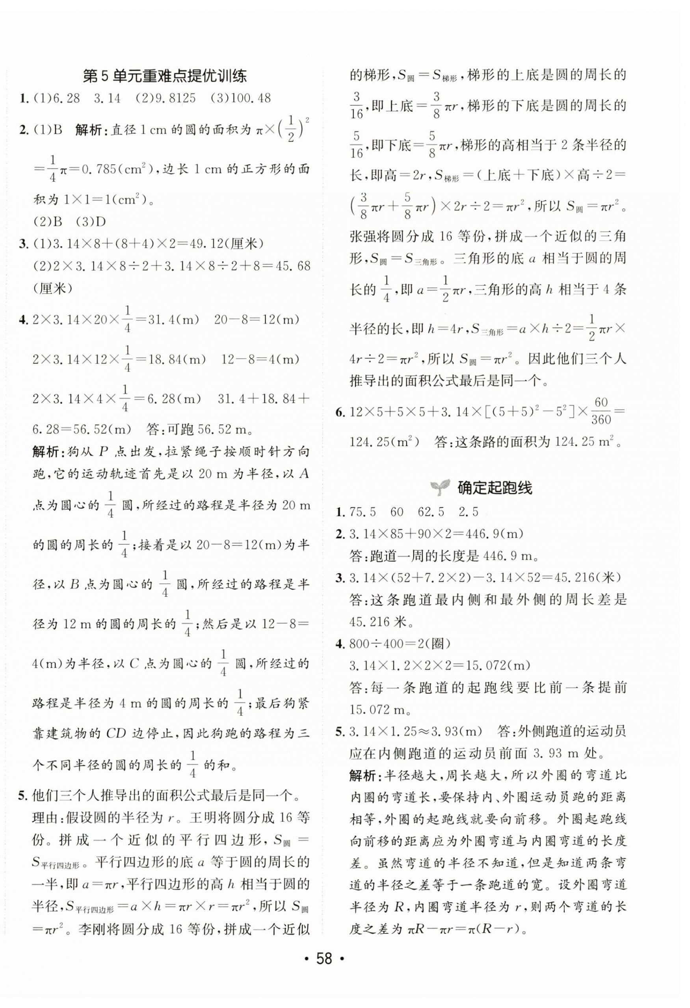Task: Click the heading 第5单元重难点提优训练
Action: coord(164,77)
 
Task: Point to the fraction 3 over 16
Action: coord(357,105)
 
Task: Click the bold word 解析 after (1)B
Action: coord(89,130)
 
